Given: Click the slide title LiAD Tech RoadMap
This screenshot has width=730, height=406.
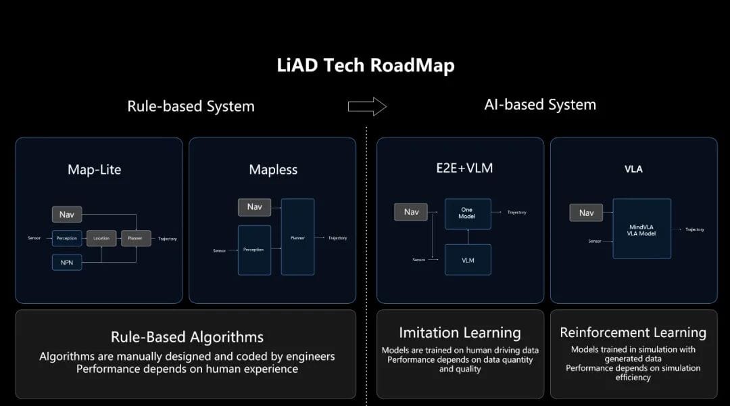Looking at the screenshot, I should pyautogui.click(x=365, y=66).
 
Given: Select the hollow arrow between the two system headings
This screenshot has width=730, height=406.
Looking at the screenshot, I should pyautogui.click(x=366, y=106).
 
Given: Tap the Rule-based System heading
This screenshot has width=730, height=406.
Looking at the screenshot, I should pyautogui.click(x=191, y=106).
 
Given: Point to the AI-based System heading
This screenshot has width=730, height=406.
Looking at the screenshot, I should pyautogui.click(x=540, y=105).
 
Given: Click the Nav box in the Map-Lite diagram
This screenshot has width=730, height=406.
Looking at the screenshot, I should pyautogui.click(x=67, y=215).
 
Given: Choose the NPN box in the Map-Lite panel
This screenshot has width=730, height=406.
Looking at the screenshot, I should pyautogui.click(x=67, y=262).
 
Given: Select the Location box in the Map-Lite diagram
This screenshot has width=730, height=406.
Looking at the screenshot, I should pyautogui.click(x=101, y=238).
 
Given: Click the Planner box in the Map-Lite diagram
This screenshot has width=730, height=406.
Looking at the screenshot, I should pyautogui.click(x=136, y=238).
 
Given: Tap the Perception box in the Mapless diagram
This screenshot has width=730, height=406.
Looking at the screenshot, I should pyautogui.click(x=254, y=250).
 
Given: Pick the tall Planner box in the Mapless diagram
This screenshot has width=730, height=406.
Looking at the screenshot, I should pyautogui.click(x=297, y=237).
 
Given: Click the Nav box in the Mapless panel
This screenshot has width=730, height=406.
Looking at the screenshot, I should pyautogui.click(x=254, y=206).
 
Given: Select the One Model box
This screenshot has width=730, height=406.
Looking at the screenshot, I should pyautogui.click(x=467, y=213).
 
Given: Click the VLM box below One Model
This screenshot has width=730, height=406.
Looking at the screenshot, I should pyautogui.click(x=467, y=260).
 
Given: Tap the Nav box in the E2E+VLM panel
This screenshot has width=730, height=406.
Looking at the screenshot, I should pyautogui.click(x=411, y=212).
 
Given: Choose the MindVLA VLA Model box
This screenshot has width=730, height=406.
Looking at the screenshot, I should pyautogui.click(x=641, y=228).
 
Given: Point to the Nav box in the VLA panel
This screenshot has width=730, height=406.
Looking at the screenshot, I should pyautogui.click(x=586, y=212).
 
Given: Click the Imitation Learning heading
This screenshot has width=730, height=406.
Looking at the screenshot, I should pyautogui.click(x=460, y=333).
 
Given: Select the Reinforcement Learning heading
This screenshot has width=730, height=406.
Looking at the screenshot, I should pyautogui.click(x=633, y=332).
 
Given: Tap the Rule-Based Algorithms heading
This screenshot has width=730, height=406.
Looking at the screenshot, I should pyautogui.click(x=187, y=337).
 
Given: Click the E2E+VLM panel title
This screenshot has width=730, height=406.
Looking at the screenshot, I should pyautogui.click(x=460, y=168).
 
